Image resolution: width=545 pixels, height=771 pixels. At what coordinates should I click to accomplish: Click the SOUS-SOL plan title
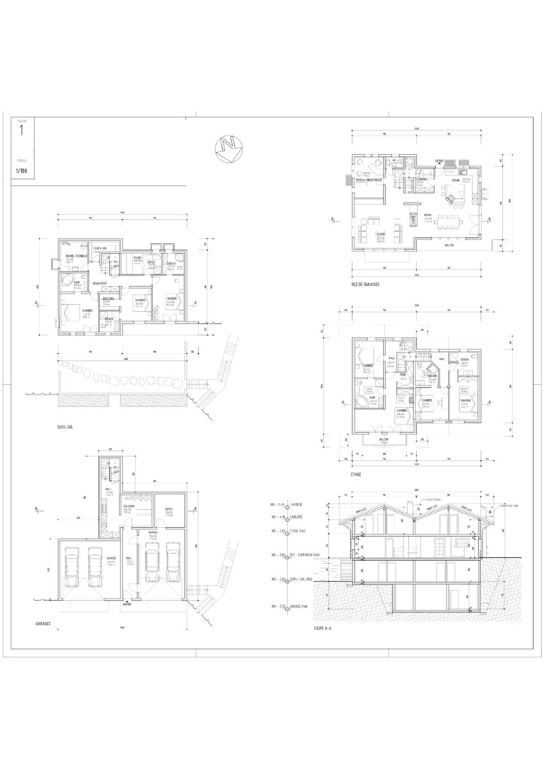tap(65, 426)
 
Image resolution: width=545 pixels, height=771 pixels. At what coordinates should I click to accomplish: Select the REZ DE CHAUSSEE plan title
tap(365, 285)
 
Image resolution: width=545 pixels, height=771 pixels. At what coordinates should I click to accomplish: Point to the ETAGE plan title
tap(356, 474)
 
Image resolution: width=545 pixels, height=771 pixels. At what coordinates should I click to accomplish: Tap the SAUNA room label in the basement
tap(138, 258)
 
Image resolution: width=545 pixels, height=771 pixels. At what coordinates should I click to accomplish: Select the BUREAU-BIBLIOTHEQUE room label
tap(369, 180)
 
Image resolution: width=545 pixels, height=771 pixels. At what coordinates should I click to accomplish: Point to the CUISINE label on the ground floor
tap(455, 181)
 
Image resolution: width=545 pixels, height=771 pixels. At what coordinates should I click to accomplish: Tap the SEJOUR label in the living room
tap(361, 233)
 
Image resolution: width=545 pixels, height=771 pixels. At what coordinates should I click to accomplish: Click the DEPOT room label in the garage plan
tap(169, 509)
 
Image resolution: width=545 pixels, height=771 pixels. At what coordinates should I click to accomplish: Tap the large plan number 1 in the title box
tap(21, 130)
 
